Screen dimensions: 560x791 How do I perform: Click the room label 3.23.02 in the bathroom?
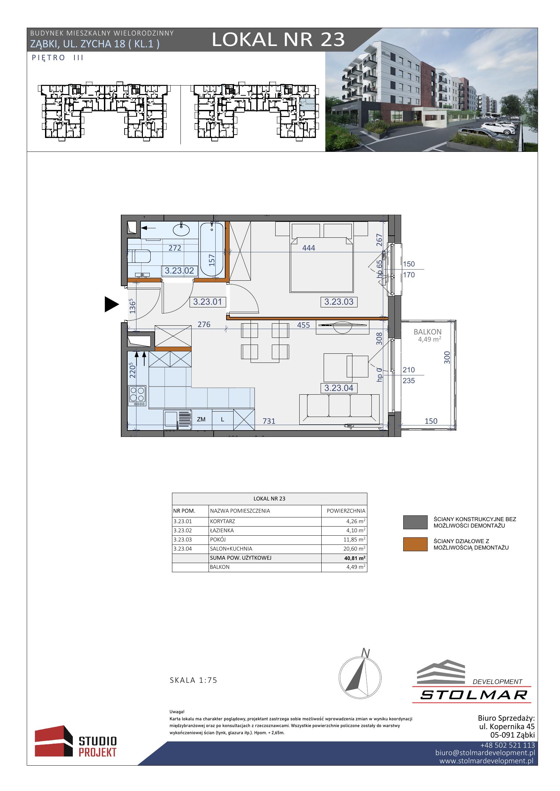[179, 271]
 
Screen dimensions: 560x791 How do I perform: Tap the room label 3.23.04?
[339, 388]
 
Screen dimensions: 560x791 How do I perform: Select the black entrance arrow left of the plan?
[112, 305]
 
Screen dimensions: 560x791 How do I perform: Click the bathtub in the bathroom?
[212, 249]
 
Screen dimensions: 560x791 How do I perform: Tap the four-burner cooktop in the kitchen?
[137, 396]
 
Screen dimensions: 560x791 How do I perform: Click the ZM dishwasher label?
[201, 419]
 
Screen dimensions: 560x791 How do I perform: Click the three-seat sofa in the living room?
[339, 409]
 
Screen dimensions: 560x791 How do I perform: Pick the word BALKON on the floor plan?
[428, 332]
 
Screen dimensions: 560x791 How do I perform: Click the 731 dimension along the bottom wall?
[269, 421]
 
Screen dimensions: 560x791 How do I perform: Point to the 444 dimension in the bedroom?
[309, 248]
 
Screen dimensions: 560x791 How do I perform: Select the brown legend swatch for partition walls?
[415, 544]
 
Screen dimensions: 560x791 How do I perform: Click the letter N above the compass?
[366, 653]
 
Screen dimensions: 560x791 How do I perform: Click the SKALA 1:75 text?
[193, 680]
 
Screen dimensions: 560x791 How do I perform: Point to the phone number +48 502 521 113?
[508, 745]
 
